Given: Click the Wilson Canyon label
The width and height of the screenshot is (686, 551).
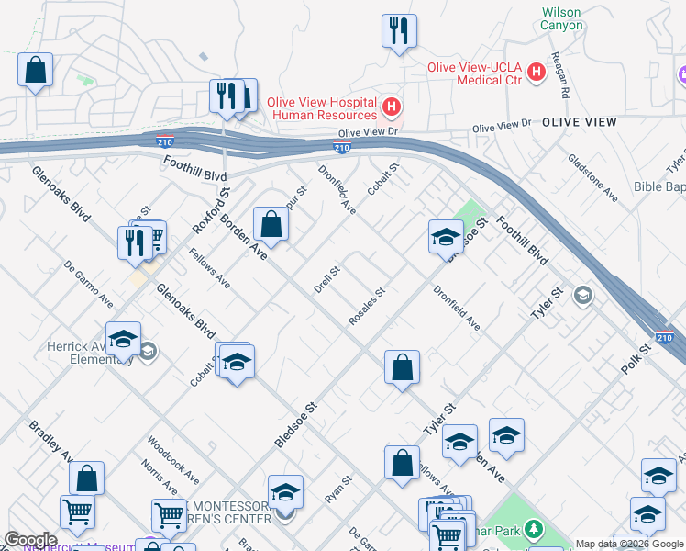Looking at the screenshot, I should pyautogui.click(x=562, y=18).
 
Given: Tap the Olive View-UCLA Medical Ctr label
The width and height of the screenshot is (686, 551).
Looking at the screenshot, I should pyautogui.click(x=475, y=73).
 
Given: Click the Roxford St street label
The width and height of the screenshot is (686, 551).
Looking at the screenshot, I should pyautogui.click(x=212, y=210).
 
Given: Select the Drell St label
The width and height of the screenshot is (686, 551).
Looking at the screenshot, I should pyautogui.click(x=326, y=279).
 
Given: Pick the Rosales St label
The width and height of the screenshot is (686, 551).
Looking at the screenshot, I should pyautogui.click(x=366, y=308).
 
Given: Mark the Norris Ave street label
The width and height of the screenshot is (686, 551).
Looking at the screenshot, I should pyautogui.click(x=160, y=478).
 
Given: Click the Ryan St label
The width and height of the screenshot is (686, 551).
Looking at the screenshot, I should pyautogui.click(x=338, y=489).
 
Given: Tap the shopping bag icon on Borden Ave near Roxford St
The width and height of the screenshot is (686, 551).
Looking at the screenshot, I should pyautogui.click(x=271, y=223).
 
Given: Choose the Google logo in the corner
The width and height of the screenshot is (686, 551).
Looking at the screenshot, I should pyautogui.click(x=30, y=540).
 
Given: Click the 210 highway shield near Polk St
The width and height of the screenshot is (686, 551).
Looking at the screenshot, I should pyautogui.click(x=664, y=339).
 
